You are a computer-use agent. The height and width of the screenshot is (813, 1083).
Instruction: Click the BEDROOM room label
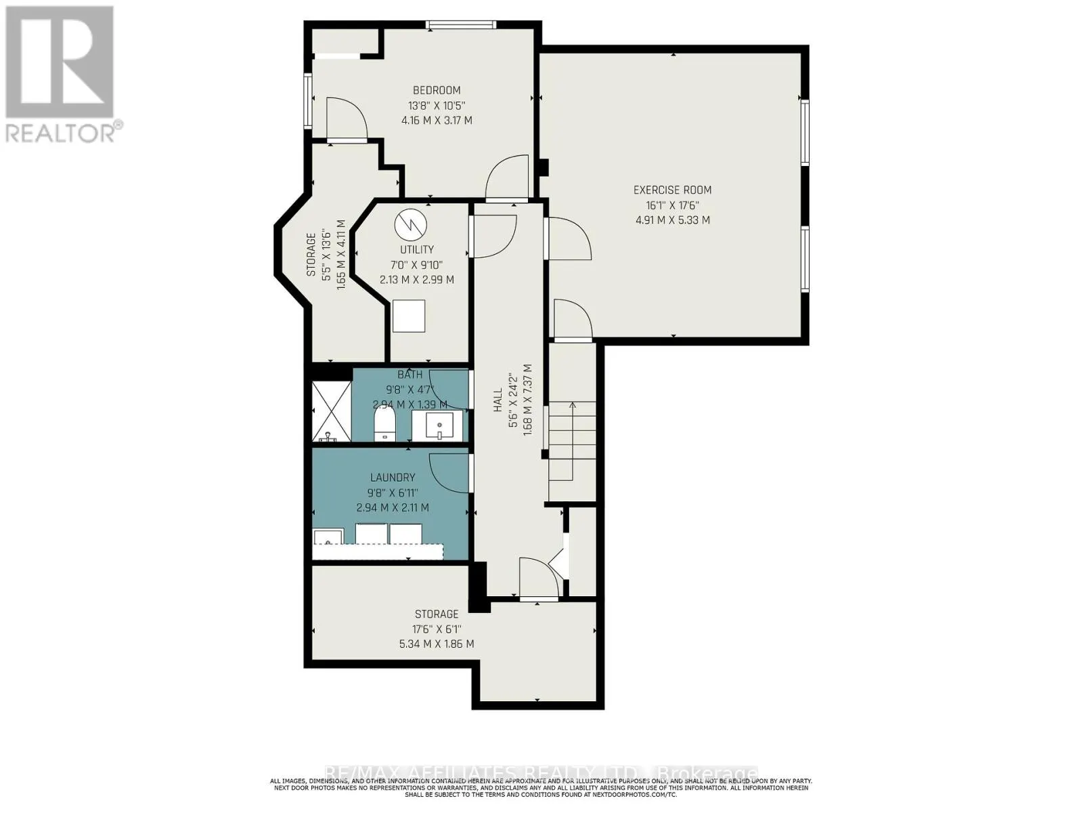tap(437, 90)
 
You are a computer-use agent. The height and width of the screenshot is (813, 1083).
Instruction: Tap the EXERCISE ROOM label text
tap(672, 190)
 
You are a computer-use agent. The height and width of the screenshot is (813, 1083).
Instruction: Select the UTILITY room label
tap(416, 249)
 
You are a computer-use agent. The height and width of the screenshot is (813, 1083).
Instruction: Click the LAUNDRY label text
tap(392, 478)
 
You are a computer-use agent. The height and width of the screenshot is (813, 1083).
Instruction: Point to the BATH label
tap(410, 375)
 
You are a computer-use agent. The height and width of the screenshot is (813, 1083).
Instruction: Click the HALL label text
tap(498, 400)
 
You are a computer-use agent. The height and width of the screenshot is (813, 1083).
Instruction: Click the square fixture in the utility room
tap(409, 316)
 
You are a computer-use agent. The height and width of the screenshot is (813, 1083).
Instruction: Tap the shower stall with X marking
tap(332, 412)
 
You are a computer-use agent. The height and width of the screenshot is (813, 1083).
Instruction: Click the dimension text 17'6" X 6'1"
tap(437, 629)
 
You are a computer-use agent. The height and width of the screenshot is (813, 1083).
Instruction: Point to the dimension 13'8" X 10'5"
tap(437, 105)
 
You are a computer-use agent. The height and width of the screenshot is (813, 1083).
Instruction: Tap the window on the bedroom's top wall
tap(461, 26)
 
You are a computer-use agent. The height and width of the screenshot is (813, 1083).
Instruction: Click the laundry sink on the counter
tap(328, 538)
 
